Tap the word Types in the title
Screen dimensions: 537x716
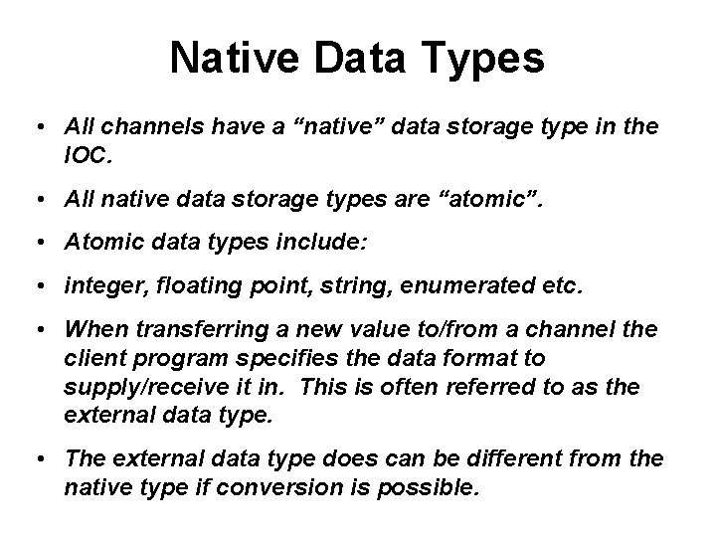click(485, 59)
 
